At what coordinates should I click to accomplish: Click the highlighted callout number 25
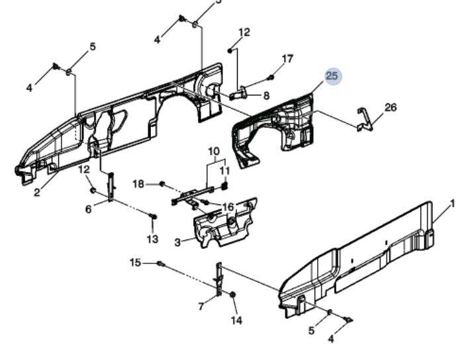pos(332,76)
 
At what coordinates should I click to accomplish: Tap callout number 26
pos(391,107)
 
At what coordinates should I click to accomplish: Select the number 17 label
pos(287,59)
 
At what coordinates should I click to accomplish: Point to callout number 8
pos(266,95)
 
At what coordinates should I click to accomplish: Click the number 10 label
pos(213,152)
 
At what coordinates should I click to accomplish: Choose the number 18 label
pos(138,183)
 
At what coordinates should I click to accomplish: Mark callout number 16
pos(228,207)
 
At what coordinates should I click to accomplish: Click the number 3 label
pos(177,243)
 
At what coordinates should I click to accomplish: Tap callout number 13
pos(152,239)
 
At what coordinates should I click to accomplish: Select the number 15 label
pos(135,263)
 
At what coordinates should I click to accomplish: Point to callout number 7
pos(201,306)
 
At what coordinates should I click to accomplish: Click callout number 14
pos(236,320)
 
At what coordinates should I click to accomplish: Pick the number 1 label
pos(453,204)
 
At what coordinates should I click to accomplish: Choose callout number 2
pos(37,193)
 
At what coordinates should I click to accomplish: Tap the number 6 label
pos(88,209)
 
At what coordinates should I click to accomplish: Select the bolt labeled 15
pos(160,263)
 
